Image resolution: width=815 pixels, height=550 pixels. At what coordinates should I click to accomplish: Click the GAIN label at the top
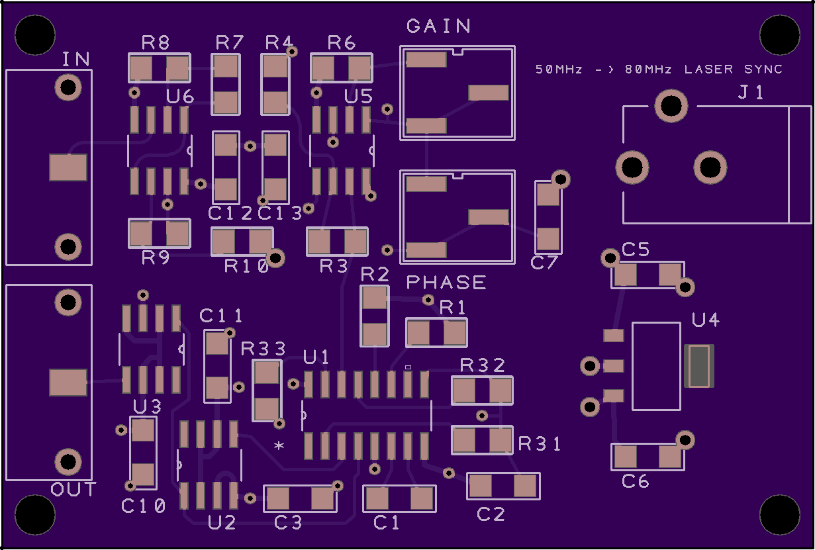point(438,26)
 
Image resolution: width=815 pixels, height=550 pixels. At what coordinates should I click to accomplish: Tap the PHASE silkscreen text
point(446,282)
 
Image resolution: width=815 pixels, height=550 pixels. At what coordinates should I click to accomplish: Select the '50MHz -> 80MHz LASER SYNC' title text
point(659,69)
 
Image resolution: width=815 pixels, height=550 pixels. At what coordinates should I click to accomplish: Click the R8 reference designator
point(156,42)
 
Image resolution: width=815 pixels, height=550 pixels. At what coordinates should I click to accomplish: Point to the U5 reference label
point(358,97)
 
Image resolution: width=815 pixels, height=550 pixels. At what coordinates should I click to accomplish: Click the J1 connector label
point(751,92)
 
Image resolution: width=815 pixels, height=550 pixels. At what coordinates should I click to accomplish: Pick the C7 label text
point(544,263)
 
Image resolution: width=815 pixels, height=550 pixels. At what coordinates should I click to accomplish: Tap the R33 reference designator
point(264,349)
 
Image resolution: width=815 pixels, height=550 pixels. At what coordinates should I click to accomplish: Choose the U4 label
point(705,320)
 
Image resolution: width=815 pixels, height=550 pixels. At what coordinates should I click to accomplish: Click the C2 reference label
point(491,514)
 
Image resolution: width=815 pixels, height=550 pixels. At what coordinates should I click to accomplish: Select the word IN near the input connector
point(75,59)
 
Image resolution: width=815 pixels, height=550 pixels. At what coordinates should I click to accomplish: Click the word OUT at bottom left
point(73,489)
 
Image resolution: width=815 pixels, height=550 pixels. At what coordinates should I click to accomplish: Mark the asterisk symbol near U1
point(279,445)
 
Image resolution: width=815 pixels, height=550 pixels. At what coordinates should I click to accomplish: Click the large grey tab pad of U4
point(699,366)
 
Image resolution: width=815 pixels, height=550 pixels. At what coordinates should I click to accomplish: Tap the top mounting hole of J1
point(671,106)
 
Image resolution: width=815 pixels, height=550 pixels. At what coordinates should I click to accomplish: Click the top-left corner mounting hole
point(35,35)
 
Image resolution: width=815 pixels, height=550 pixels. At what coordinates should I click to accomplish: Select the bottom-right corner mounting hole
point(780,515)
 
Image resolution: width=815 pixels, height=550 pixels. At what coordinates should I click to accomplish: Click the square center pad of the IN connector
point(68,167)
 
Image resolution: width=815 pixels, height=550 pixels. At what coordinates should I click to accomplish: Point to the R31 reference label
point(539,444)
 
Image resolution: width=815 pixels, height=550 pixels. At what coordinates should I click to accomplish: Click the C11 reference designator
point(221,316)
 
